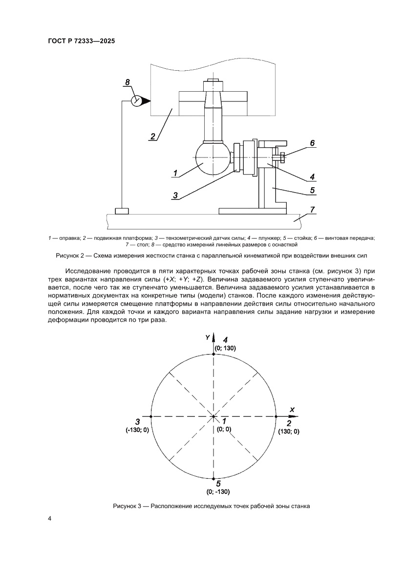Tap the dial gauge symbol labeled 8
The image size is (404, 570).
pos(137,100)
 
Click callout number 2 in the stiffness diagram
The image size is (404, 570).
pos(153,137)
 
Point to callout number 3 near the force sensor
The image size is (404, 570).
pos(175,195)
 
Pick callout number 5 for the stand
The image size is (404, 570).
pos(312,190)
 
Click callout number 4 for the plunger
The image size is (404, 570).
pos(312,177)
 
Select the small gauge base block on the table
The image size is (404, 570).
pos(122,211)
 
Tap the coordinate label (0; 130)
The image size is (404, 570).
pos(225,349)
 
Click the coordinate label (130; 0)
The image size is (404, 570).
pos(289,432)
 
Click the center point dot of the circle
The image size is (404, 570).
pos(214,416)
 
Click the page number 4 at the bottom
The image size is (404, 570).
pos(49,518)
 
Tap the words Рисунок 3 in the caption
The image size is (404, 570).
pos(128,506)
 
